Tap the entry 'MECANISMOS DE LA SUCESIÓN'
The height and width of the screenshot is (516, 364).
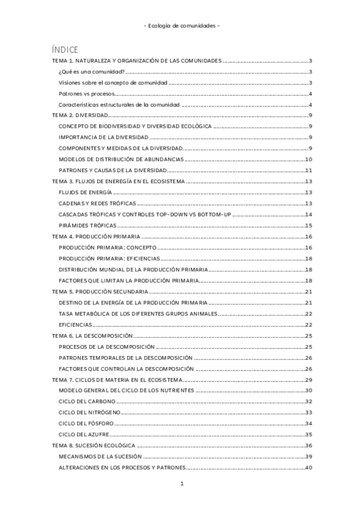coord(100,456)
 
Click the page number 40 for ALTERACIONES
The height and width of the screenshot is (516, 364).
coord(308,468)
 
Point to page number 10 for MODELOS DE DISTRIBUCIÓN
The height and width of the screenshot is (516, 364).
coord(308,159)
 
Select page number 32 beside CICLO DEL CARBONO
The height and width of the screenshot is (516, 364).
coord(308,402)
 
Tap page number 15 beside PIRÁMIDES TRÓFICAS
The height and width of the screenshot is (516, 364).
coord(308,225)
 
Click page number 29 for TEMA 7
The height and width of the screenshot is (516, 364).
coord(308,380)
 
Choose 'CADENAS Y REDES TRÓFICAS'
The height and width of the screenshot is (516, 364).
coord(98,203)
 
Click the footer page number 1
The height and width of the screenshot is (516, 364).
coord(182,484)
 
